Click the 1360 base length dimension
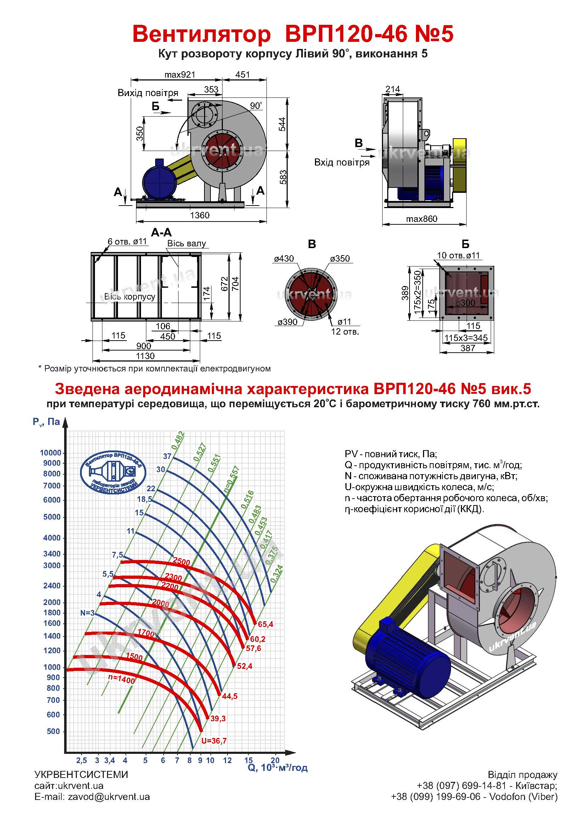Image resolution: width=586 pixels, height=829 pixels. coord(199,215)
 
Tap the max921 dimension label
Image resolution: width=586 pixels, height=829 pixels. coord(180,75)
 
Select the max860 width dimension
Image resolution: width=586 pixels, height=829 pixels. coord(422,219)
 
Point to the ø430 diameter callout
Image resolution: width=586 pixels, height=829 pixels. coord(284,258)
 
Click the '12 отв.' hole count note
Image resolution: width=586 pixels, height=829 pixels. coord(345,331)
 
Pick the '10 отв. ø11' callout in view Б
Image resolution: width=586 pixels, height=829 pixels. coord(458,255)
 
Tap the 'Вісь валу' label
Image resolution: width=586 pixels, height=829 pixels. coord(186,243)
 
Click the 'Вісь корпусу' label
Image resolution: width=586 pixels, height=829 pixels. coord(130,296)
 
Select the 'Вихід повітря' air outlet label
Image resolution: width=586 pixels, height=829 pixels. coord(148,93)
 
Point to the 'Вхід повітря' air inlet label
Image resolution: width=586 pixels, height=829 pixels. coord(342,162)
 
